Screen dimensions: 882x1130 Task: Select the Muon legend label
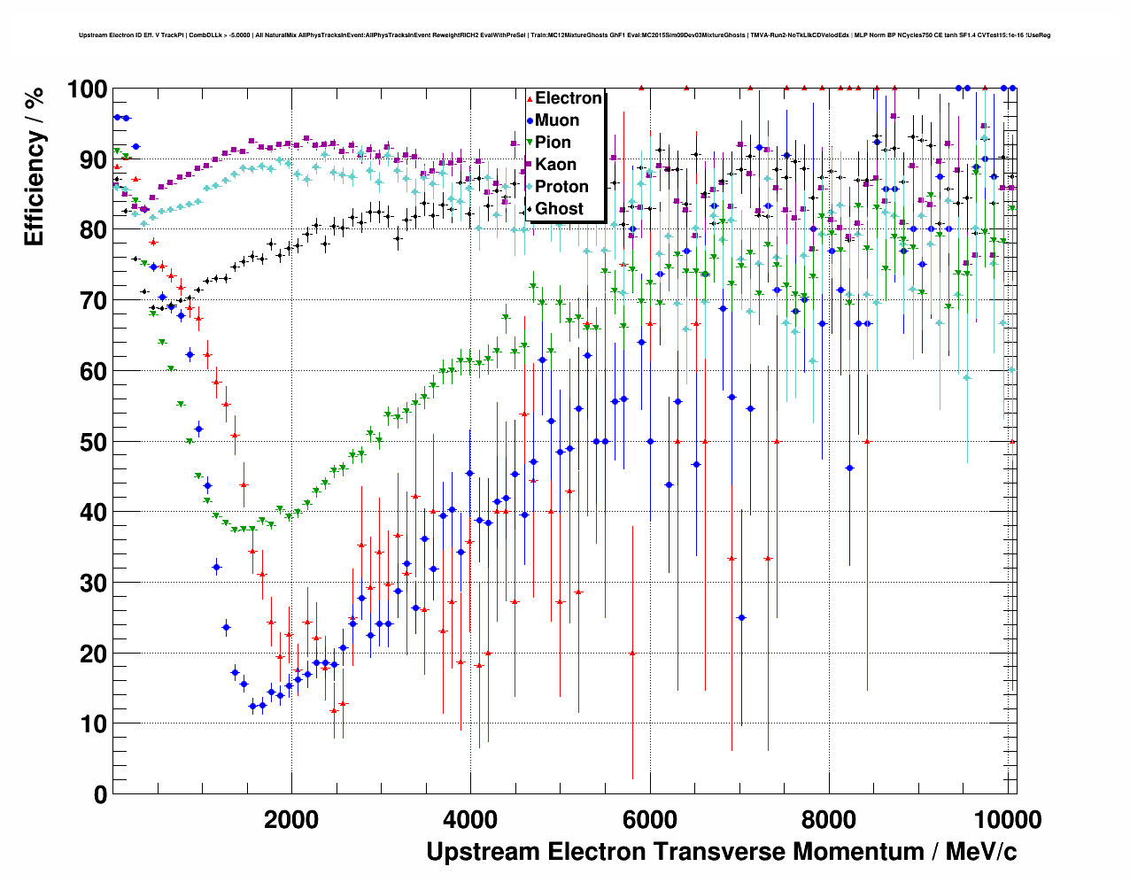(x=557, y=120)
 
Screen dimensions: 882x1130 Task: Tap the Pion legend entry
(x=553, y=143)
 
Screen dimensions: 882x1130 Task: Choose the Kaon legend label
(x=555, y=165)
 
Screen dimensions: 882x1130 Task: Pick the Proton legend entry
(x=561, y=187)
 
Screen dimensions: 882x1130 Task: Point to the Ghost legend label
(x=559, y=209)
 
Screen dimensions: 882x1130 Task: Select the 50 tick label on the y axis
(x=94, y=442)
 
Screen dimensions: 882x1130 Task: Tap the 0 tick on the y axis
(x=101, y=794)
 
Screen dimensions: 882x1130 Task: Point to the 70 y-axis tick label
(x=94, y=301)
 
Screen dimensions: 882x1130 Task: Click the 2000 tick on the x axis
(x=291, y=819)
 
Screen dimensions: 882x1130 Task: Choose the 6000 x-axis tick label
(x=650, y=819)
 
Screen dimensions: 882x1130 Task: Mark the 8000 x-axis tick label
(x=829, y=819)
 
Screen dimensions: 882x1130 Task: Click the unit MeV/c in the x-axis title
(x=980, y=852)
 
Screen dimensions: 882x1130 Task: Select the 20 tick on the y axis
(x=94, y=654)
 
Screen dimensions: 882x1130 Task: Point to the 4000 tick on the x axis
(x=470, y=819)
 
